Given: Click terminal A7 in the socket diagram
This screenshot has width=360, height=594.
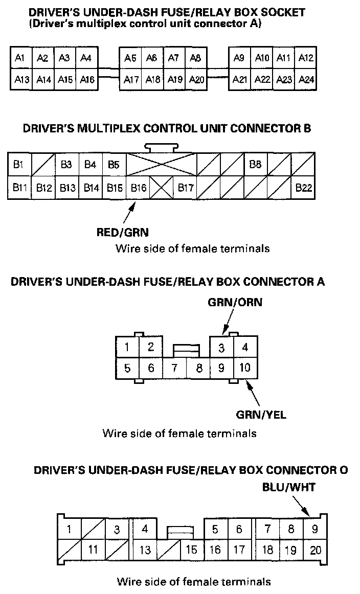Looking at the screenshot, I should coord(173,58).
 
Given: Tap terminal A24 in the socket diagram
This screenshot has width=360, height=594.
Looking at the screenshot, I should coord(306,80).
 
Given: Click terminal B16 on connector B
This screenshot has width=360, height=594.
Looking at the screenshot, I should coord(138,188).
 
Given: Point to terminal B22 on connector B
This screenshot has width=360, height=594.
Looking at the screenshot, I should coord(304,188).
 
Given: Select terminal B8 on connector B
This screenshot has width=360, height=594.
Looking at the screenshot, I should coord(256,165).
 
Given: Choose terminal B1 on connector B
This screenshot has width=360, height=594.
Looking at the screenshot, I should coord(19,165).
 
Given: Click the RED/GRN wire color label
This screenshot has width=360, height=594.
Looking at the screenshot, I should coord(123,233).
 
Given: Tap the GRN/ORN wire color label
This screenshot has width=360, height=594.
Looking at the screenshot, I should coord(235,302).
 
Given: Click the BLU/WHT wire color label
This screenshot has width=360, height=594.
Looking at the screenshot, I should coord(288,487).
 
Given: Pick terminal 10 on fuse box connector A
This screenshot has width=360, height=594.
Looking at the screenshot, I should coord(245,368).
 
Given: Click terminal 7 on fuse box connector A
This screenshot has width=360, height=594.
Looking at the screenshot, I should coord(174,368).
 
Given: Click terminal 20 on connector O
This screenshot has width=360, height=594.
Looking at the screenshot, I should coord(316,551).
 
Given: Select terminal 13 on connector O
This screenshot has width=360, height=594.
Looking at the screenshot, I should coord(145,551).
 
